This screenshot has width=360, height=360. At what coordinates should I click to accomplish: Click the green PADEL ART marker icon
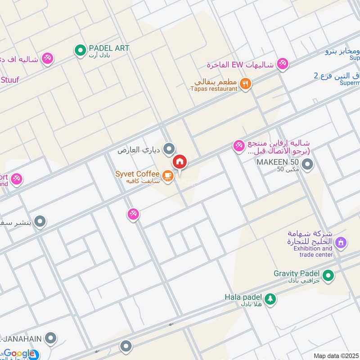pyautogui.click(x=80, y=51)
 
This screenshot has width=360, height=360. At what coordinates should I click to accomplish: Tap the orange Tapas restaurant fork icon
pyautogui.click(x=245, y=84)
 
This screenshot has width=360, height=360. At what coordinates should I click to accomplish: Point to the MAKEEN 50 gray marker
pyautogui.click(x=308, y=164)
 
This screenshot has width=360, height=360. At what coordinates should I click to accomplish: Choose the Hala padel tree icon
pyautogui.click(x=270, y=299)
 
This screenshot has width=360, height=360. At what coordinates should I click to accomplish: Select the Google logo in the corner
pyautogui.click(x=19, y=353)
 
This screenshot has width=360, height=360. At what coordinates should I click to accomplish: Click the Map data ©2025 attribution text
pyautogui.click(x=336, y=355)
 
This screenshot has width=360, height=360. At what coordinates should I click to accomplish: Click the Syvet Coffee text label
pyautogui.click(x=137, y=174)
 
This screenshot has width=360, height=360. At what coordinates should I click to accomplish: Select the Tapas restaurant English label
pyautogui.click(x=214, y=89)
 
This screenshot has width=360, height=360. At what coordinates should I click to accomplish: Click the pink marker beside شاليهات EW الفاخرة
pyautogui.click(x=283, y=64)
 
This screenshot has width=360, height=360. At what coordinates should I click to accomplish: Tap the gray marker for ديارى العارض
pyautogui.click(x=169, y=148)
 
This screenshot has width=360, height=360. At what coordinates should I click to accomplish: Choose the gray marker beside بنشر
pyautogui.click(x=40, y=221)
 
